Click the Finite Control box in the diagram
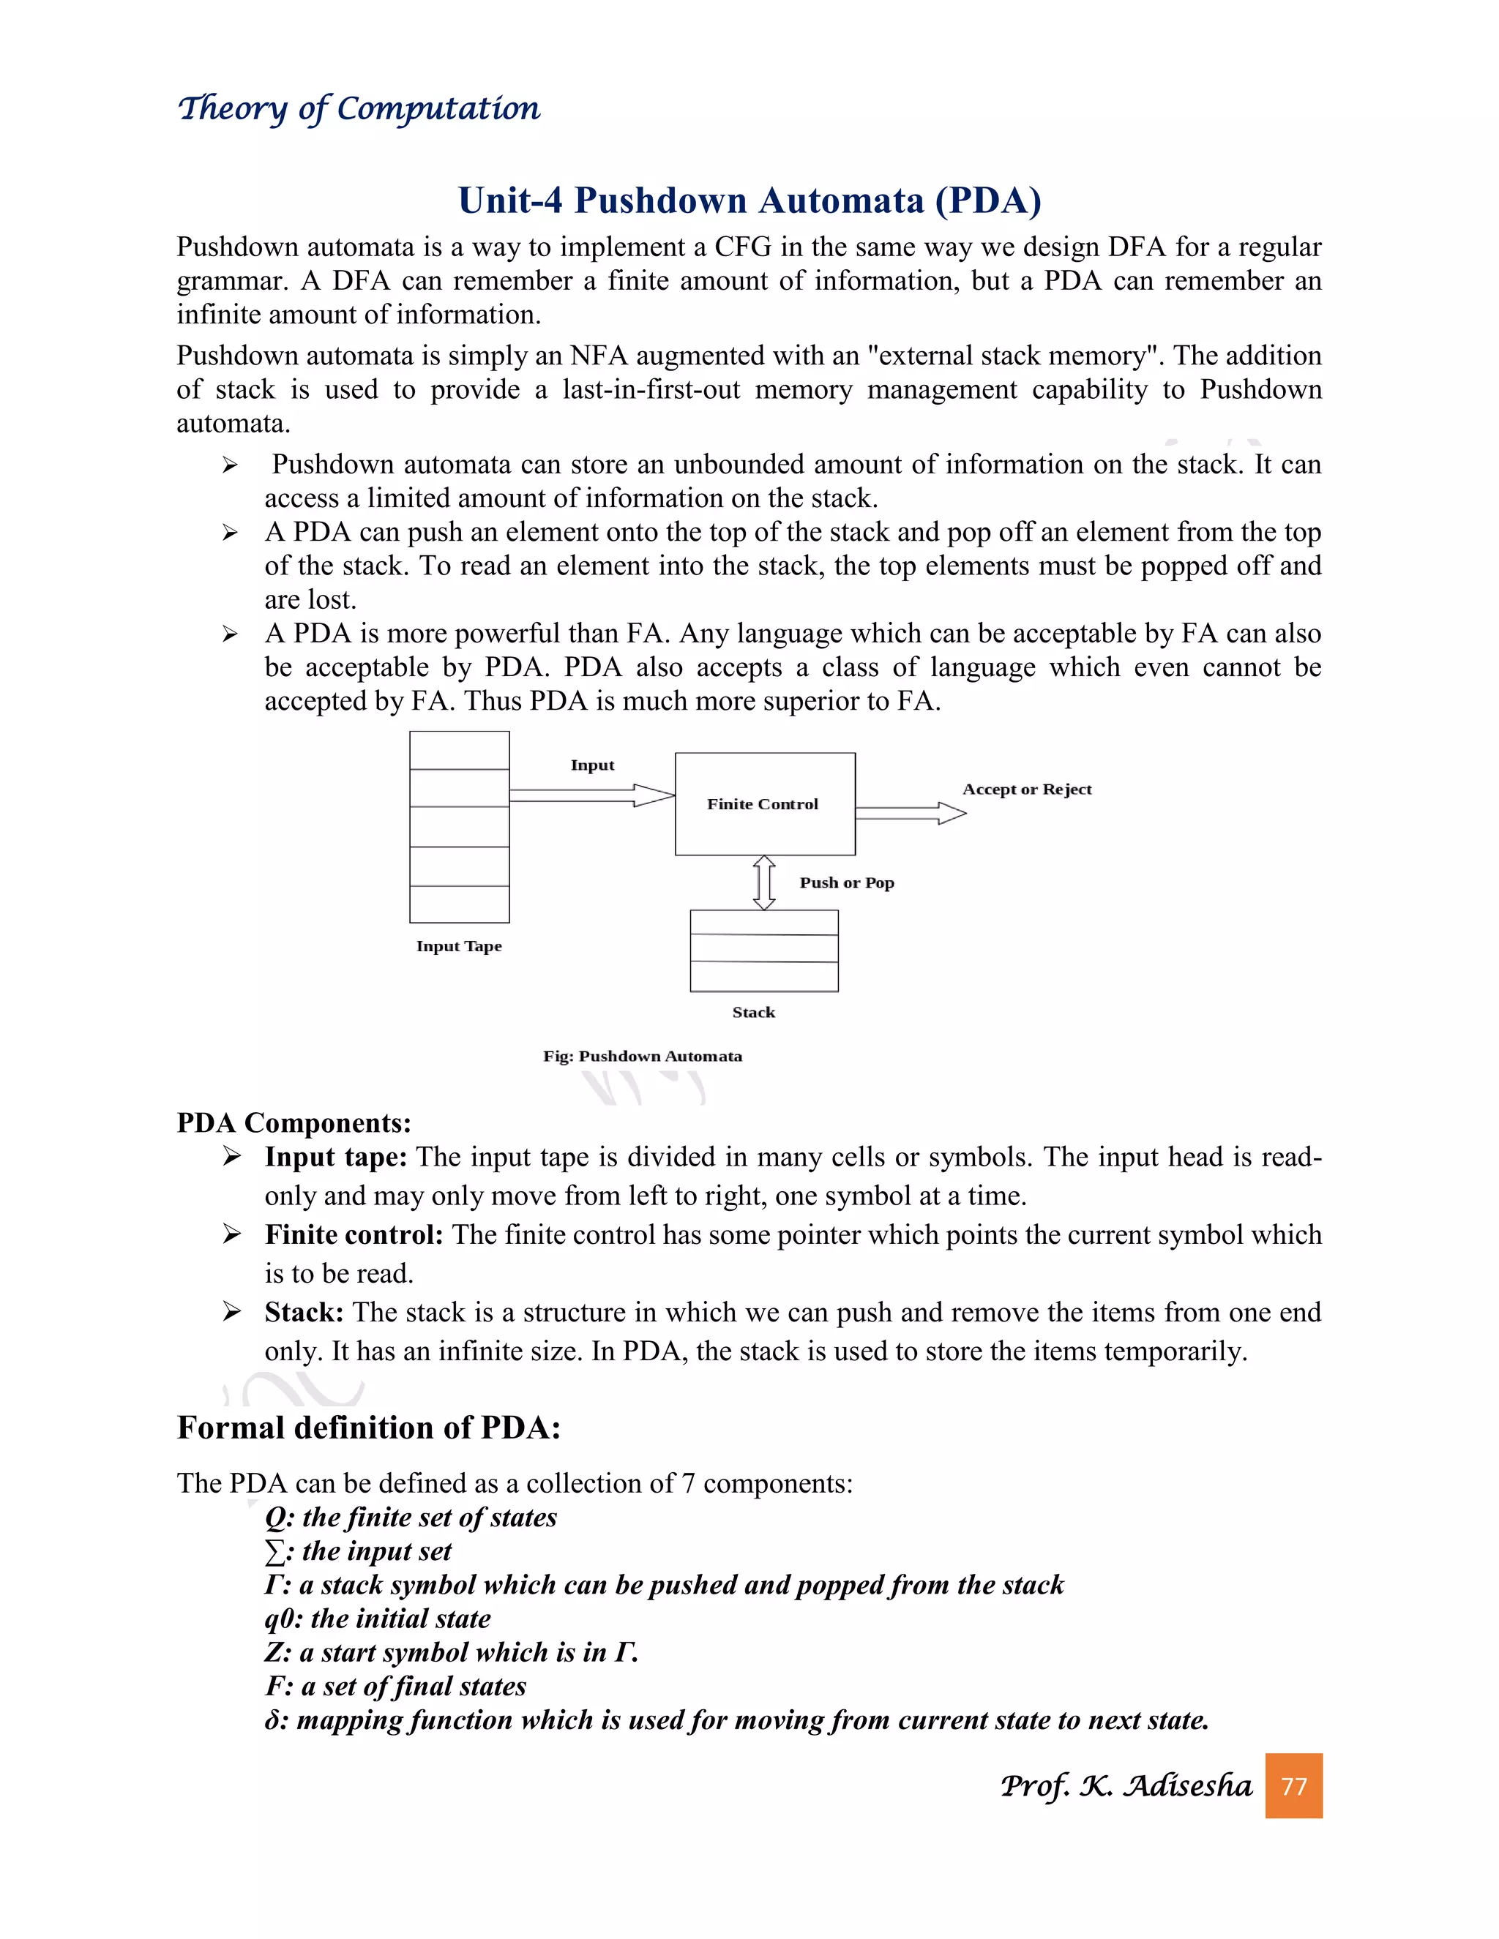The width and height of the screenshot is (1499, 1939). [765, 803]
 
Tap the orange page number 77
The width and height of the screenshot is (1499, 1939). [1293, 1785]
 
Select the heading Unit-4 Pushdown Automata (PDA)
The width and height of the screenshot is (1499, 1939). [749, 200]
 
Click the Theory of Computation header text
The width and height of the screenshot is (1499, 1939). [359, 108]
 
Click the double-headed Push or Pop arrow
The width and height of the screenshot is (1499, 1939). [763, 882]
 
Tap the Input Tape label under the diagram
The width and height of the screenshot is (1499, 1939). [459, 946]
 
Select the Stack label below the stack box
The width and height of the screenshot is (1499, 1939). [753, 1012]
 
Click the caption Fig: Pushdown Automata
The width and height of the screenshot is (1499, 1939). [642, 1056]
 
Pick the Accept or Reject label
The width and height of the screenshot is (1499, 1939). [1027, 790]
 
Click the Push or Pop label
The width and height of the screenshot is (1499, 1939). [846, 882]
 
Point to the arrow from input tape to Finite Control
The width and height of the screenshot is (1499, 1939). [591, 795]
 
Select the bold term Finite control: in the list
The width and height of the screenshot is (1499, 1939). [354, 1235]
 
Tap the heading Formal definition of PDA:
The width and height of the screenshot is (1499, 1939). [369, 1428]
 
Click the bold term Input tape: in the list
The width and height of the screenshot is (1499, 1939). [336, 1157]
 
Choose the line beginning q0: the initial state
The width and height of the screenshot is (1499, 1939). [378, 1619]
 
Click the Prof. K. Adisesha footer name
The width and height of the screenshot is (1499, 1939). [1125, 1785]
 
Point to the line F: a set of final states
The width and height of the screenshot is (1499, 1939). [395, 1686]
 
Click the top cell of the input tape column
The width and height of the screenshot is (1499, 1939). [459, 750]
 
